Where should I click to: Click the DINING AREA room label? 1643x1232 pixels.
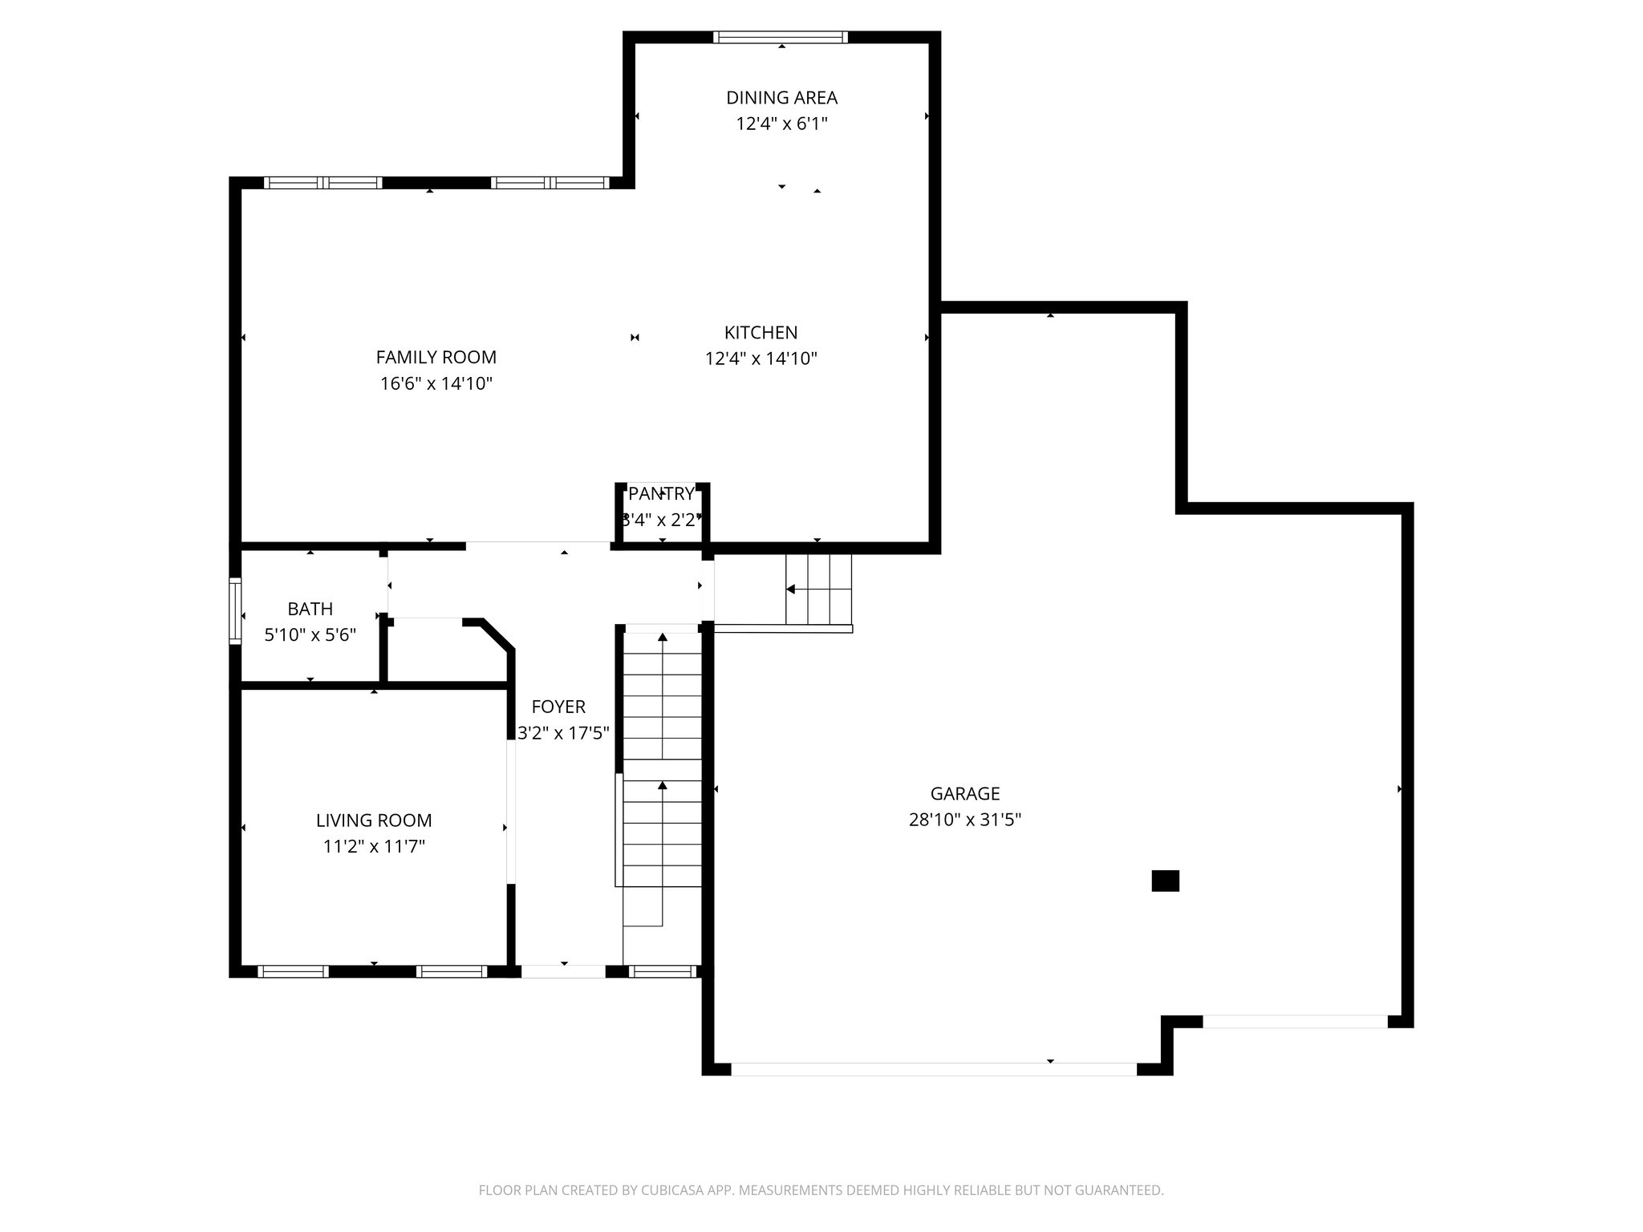781,98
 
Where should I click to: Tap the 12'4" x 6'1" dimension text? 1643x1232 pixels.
781,124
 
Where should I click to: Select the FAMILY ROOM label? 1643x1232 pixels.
436,357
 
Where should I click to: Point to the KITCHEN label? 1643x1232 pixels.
761,332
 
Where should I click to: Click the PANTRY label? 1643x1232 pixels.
661,493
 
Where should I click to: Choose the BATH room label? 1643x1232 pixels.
310,609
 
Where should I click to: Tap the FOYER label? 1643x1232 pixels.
558,707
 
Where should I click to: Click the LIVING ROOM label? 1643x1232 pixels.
374,821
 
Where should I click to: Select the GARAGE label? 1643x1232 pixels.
965,793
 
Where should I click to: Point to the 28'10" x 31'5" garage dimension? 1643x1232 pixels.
965,820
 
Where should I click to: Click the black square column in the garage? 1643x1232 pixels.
1165,881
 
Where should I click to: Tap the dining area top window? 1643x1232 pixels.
781,37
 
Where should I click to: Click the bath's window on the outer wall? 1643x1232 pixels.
235,611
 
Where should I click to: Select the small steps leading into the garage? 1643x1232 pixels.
818,589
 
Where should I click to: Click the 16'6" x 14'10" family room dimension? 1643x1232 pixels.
436,383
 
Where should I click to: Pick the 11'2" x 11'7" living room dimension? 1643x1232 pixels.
374,846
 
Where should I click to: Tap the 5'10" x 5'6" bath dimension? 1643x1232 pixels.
310,635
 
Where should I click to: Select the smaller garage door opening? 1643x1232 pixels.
1295,1022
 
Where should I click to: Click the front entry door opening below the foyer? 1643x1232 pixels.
563,971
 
